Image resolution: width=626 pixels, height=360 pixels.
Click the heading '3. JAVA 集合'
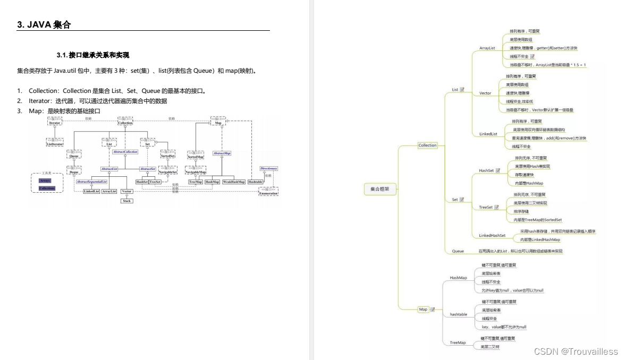tap(44, 25)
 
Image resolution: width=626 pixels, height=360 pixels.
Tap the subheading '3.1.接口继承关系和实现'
tap(93, 55)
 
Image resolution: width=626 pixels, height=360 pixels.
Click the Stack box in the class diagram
tap(126, 201)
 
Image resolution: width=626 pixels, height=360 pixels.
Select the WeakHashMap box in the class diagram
tap(234, 182)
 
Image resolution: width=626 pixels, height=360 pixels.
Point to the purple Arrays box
tap(45, 181)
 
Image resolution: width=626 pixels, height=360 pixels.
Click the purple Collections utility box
tap(47, 188)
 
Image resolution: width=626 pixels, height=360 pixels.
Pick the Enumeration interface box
tap(268, 192)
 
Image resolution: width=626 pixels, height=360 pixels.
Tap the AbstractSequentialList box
tap(91, 182)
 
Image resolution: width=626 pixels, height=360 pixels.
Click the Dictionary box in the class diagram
tap(268, 168)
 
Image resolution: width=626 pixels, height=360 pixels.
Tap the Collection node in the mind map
tap(427, 145)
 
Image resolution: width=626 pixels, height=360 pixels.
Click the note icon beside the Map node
tap(433, 309)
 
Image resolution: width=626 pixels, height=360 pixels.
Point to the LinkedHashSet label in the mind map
tap(492, 235)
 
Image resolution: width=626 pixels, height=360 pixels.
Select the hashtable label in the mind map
tap(459, 314)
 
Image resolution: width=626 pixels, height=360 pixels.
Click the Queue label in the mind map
tap(458, 251)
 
